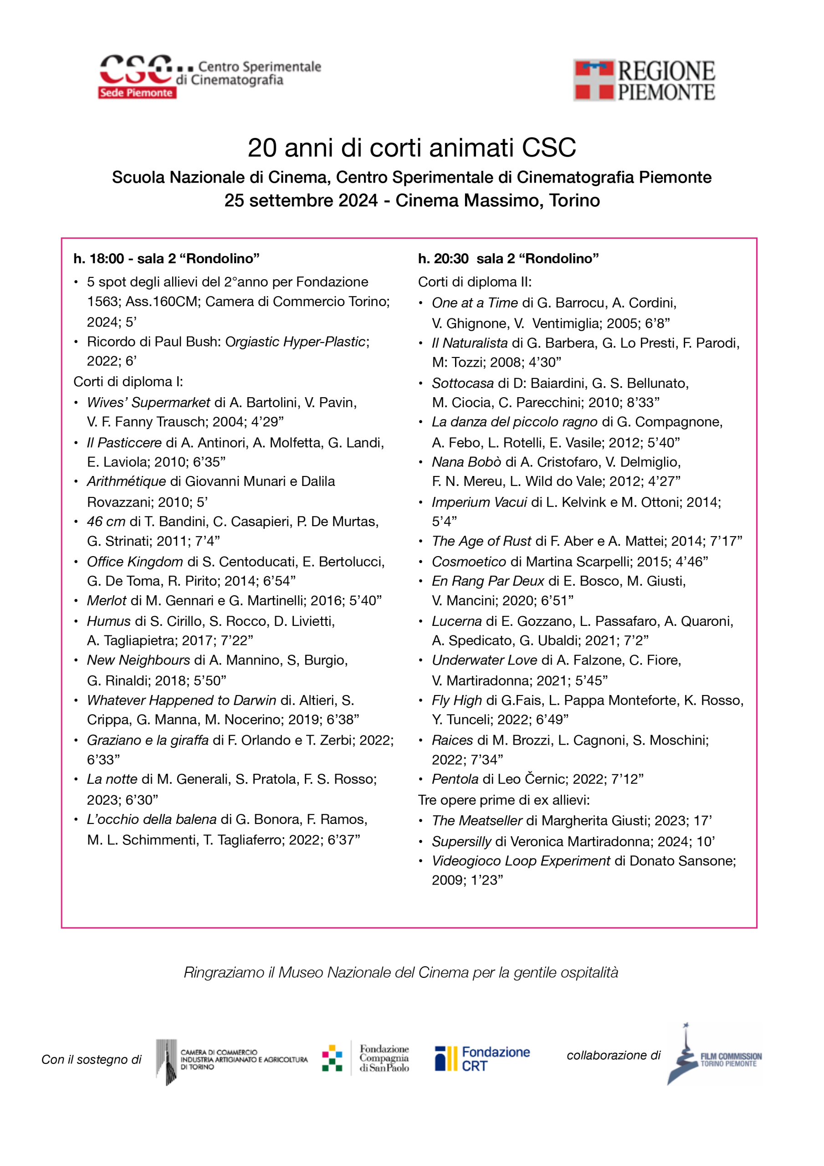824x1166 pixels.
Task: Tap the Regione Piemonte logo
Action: coord(644,80)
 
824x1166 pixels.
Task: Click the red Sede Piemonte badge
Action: coord(137,92)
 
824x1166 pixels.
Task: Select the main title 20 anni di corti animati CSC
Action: coord(411,148)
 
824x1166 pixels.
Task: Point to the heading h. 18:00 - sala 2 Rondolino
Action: coord(166,259)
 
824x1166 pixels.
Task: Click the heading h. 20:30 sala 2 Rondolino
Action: coord(508,259)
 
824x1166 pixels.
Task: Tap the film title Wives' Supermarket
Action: coord(148,402)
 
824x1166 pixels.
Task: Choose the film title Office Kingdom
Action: coord(135,561)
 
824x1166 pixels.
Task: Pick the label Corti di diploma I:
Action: coord(128,381)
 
